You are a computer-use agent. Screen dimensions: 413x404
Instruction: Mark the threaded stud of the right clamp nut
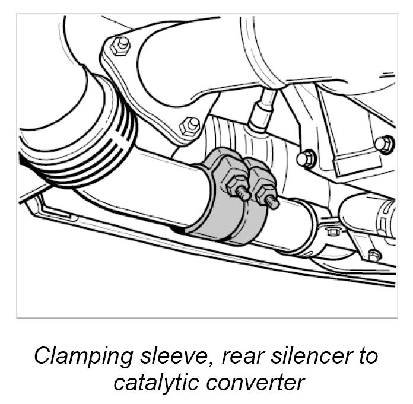point(272,203)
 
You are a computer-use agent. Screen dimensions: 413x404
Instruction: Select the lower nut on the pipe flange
point(192,125)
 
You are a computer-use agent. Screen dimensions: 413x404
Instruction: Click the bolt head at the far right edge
point(384,143)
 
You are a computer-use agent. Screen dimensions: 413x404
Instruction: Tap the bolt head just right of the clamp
point(306,158)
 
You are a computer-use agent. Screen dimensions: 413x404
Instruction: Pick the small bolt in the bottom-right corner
point(373,256)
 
